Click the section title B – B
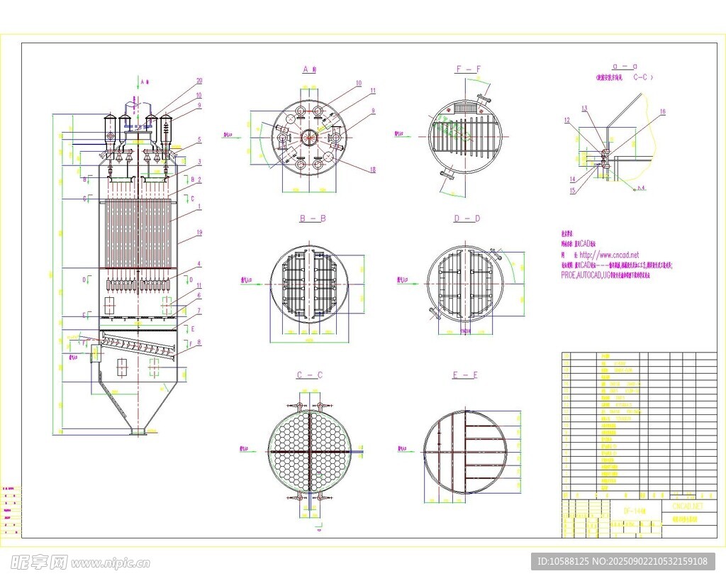312,218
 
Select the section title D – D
467,218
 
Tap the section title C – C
310,375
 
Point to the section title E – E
465,375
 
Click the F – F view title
468,69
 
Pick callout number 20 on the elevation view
199,81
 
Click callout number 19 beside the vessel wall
200,233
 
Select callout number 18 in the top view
372,169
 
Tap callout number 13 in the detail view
585,109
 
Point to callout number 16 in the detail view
662,111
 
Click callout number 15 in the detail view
573,190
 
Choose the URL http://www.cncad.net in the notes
609,255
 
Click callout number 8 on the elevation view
199,342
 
